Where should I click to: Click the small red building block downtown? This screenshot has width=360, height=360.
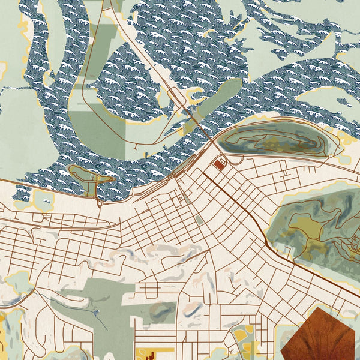(217, 164)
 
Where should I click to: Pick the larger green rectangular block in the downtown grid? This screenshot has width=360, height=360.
(199, 220)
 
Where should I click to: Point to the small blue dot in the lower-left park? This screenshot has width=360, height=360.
(96, 313)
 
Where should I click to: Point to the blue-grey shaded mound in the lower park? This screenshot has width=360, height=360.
(160, 310)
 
